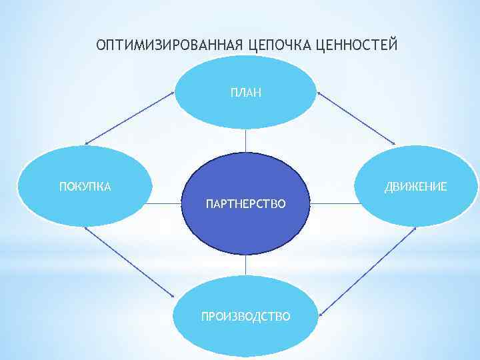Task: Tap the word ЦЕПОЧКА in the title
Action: pyautogui.click(x=279, y=45)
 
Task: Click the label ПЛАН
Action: pyautogui.click(x=246, y=93)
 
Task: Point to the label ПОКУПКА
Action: pyautogui.click(x=85, y=186)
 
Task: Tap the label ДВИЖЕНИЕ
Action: pyautogui.click(x=415, y=186)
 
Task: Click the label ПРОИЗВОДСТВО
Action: pyautogui.click(x=246, y=315)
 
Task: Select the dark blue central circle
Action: pyautogui.click(x=246, y=227)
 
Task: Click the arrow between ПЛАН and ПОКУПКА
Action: pyautogui.click(x=129, y=117)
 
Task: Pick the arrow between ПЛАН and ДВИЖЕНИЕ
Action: pyautogui.click(x=357, y=117)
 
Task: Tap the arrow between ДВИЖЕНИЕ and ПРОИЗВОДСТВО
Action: pyautogui.click(x=367, y=269)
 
